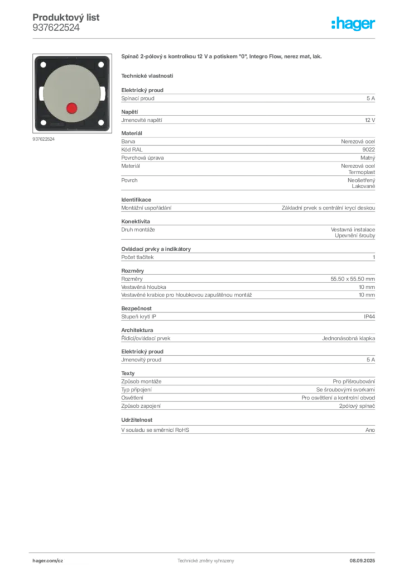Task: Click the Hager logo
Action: tap(353, 23)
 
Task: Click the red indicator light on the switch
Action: tap(72, 108)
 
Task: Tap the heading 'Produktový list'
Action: tap(66, 17)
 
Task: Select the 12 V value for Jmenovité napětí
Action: tap(370, 120)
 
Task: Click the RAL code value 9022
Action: tap(369, 150)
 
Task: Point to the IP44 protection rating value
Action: tap(369, 317)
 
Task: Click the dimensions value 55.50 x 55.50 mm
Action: tap(353, 279)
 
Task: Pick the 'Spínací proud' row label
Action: tap(138, 98)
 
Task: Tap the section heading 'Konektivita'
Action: tap(136, 221)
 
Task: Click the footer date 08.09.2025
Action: tap(362, 561)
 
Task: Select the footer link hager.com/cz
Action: tap(48, 561)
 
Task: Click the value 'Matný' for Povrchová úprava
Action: tap(368, 158)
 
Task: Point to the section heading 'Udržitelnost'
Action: tap(137, 420)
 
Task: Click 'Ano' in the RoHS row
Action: tap(370, 430)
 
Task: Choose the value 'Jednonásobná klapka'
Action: tap(348, 338)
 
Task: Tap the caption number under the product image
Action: tap(44, 139)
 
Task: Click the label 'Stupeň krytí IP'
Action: tap(138, 317)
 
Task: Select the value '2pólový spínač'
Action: tap(357, 406)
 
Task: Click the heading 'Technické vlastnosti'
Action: tap(147, 76)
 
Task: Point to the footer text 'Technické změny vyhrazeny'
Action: tap(206, 561)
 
